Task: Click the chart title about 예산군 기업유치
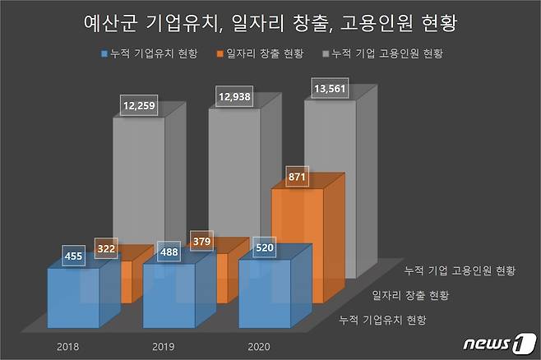pyautogui.click(x=270, y=24)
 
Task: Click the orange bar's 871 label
pyautogui.click(x=298, y=178)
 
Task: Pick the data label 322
pyautogui.click(x=107, y=247)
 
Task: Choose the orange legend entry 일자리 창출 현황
pyautogui.click(x=260, y=54)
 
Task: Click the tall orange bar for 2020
pyautogui.click(x=296, y=238)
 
